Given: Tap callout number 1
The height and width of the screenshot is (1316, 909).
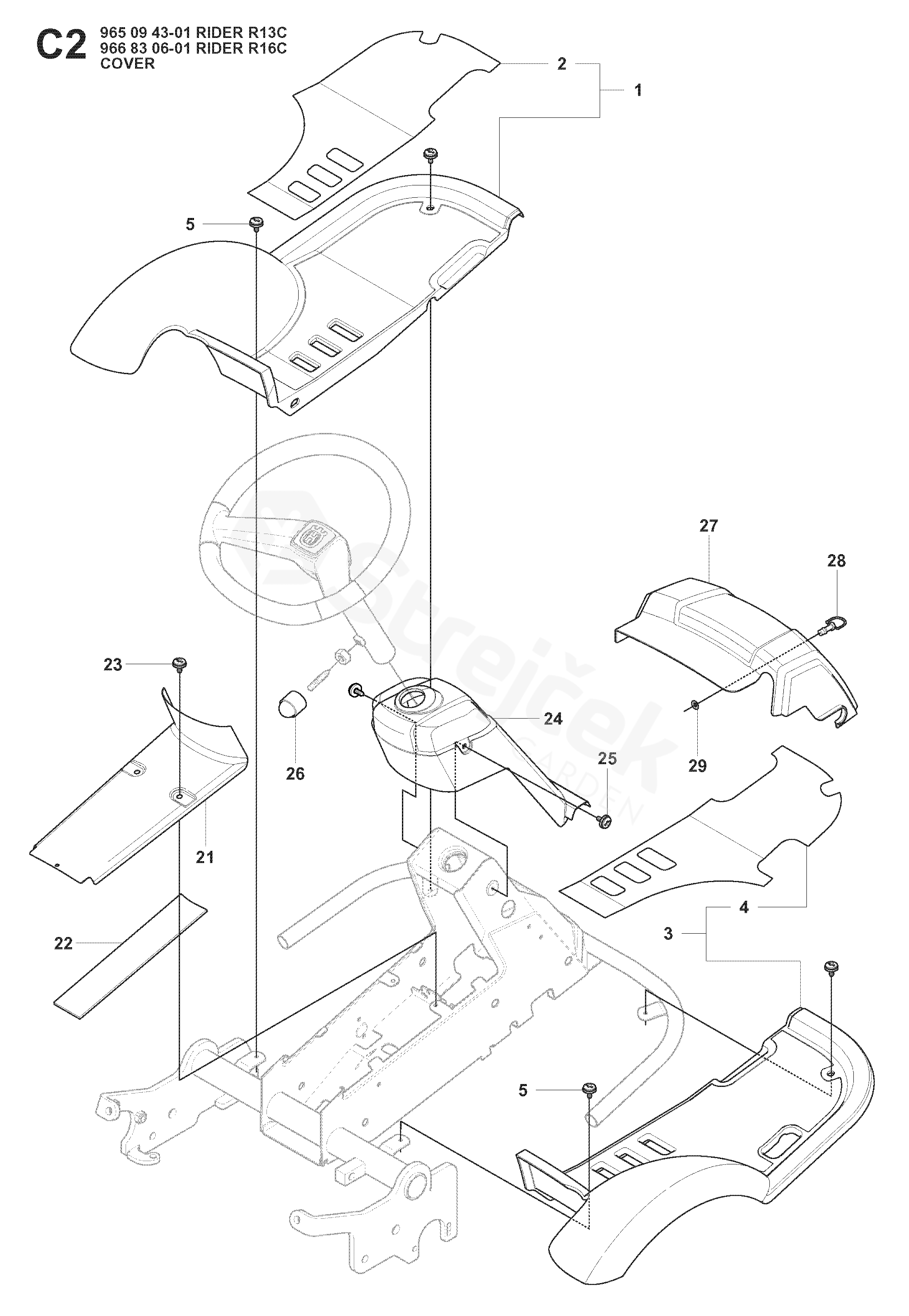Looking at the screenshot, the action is point(638,90).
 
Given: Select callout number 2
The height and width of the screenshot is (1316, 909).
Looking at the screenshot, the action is point(561,64).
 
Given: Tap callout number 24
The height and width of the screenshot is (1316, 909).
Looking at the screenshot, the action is point(552,719).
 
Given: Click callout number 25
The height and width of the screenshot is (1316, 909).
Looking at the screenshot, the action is point(607,759).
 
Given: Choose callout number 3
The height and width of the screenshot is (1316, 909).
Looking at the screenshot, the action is point(668,934).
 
